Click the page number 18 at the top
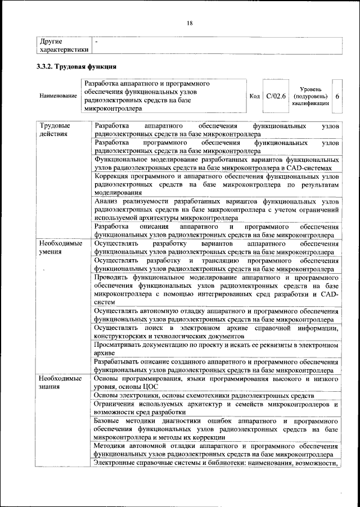190,23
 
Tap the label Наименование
58,96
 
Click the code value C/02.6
276,96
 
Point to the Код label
254,96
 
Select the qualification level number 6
337,96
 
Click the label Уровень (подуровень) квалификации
310,96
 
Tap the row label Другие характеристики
64,46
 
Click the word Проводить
114,278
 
